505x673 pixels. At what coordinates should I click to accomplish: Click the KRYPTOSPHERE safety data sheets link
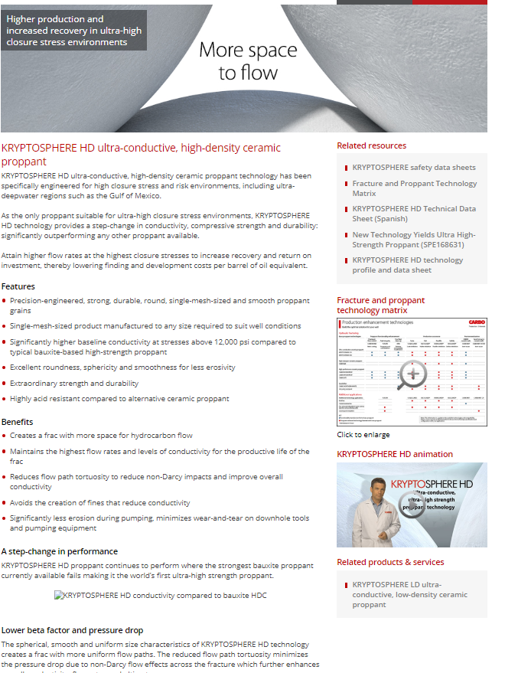tap(413, 167)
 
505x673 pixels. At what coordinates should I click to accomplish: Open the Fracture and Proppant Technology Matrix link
tap(414, 188)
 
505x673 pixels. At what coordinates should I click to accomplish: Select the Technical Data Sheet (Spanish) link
tap(413, 213)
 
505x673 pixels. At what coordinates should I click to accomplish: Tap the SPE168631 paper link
tap(413, 240)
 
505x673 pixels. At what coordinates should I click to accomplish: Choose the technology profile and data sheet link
tap(407, 265)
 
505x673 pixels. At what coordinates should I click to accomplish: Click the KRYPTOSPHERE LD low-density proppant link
tap(409, 594)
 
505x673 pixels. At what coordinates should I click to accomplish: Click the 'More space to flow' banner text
tap(248, 61)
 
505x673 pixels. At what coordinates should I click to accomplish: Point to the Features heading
tap(18, 286)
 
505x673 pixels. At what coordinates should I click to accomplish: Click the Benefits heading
tap(18, 422)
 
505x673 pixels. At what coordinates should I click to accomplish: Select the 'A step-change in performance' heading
tap(60, 551)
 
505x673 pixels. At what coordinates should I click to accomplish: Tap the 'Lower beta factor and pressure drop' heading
tap(72, 630)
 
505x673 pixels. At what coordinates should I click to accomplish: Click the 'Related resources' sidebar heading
tap(372, 145)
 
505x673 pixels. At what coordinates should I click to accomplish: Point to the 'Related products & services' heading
tap(390, 562)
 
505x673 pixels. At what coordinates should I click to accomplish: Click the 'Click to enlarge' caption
tap(363, 435)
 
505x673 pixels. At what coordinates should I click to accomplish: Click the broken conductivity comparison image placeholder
tap(160, 595)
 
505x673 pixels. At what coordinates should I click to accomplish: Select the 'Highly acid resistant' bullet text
tap(119, 399)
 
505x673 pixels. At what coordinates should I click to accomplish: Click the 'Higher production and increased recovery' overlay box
tap(75, 30)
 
